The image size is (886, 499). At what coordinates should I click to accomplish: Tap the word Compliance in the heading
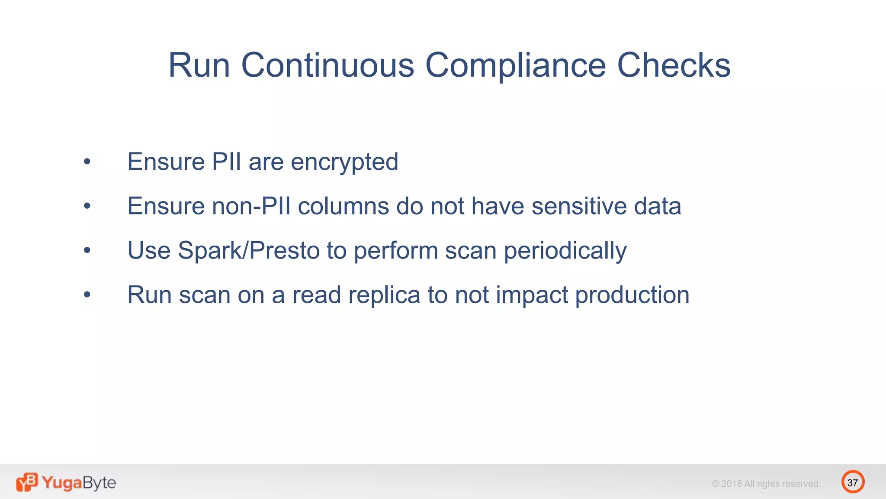515,66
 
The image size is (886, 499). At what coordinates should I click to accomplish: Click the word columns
343,206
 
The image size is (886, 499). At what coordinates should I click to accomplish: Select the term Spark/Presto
249,251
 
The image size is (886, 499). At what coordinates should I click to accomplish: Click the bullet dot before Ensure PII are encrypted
87,162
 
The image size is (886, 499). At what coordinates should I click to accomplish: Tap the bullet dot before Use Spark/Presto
87,250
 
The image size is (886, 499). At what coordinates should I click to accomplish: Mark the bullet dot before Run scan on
87,295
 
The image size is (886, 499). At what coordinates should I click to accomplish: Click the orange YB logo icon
27,482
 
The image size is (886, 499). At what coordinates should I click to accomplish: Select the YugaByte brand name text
79,483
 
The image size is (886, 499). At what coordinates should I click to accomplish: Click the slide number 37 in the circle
852,483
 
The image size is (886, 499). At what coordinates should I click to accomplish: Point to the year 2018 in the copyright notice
732,484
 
